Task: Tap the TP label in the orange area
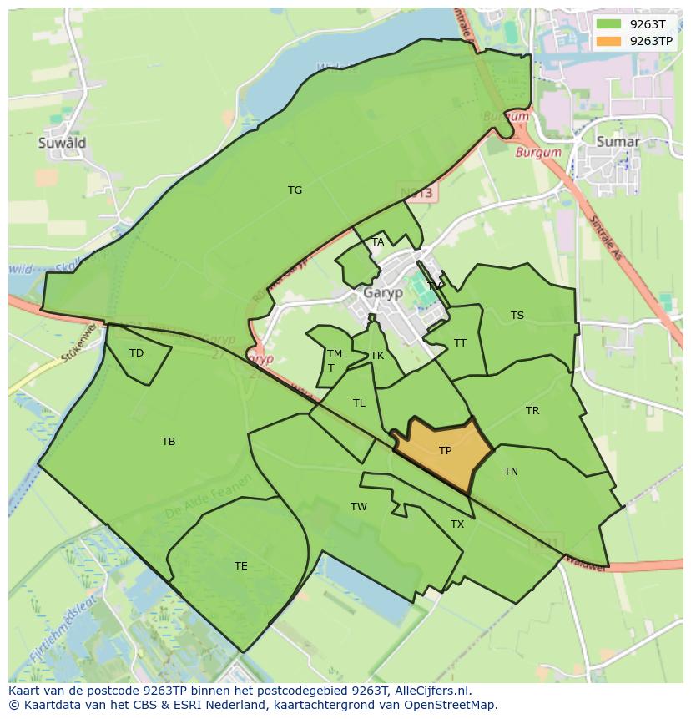click(x=445, y=451)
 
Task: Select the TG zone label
click(x=295, y=190)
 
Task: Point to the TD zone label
click(x=136, y=353)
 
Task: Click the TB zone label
click(x=169, y=442)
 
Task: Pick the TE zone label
click(x=240, y=566)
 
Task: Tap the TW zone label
click(x=359, y=507)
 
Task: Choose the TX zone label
click(x=457, y=524)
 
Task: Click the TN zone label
click(x=511, y=472)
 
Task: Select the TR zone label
click(x=532, y=411)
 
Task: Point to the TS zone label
click(x=517, y=316)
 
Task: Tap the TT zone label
click(x=460, y=343)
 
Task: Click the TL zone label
click(x=359, y=403)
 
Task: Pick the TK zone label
click(x=377, y=356)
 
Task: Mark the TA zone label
click(x=378, y=242)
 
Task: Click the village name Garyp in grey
click(x=383, y=293)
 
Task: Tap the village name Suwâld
click(x=62, y=143)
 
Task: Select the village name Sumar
click(x=618, y=142)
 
